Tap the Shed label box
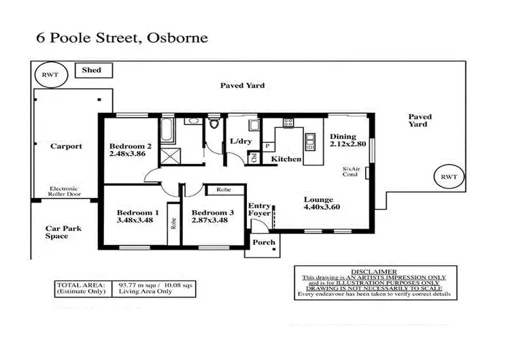92,69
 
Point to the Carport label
67,146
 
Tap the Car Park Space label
63,232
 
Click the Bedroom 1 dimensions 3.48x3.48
137,221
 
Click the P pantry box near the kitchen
268,146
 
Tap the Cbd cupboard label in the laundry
254,159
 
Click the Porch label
264,242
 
